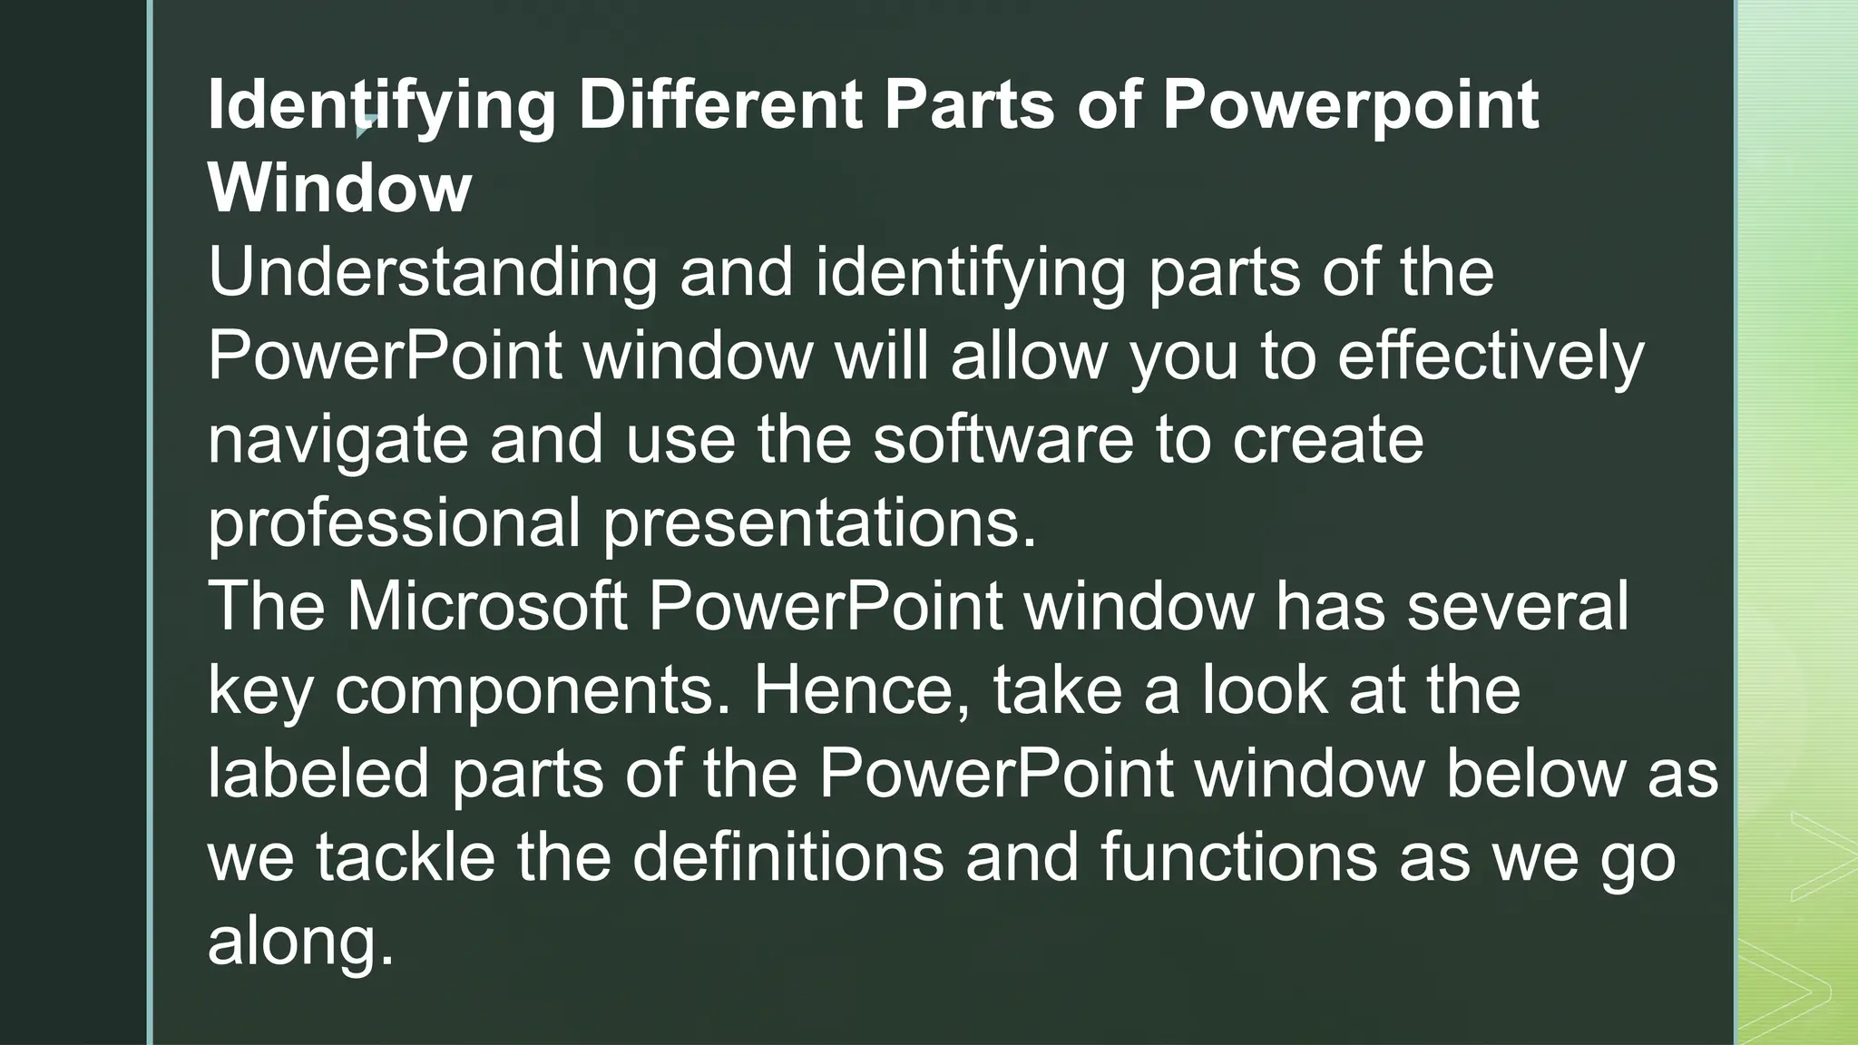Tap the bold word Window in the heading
click(x=339, y=188)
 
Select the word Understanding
click(x=432, y=271)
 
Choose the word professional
click(x=394, y=525)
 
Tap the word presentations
click(x=819, y=525)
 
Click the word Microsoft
click(x=486, y=605)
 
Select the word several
click(x=1517, y=605)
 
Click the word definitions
click(x=787, y=856)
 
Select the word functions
click(x=1238, y=856)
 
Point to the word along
click(x=300, y=941)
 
